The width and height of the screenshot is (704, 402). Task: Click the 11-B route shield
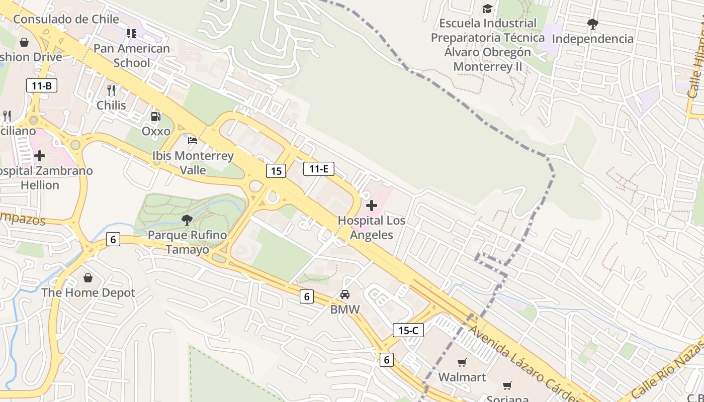pos(42,85)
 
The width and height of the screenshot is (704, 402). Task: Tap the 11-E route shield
pos(318,169)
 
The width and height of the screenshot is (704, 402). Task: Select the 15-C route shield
pos(408,330)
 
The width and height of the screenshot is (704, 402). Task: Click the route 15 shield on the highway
pos(276,171)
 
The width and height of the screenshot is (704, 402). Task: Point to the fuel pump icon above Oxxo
pos(156,117)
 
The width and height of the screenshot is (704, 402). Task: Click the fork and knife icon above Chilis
pos(111,90)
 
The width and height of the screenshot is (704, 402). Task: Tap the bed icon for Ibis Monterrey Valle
pos(193,141)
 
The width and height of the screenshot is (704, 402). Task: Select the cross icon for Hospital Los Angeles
pos(372,206)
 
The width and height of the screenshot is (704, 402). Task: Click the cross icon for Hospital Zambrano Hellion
pos(40,156)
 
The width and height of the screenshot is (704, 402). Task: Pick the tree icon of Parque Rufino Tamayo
pos(187,220)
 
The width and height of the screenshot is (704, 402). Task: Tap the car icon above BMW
pos(345,294)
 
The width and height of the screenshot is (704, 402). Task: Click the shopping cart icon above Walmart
pos(462,362)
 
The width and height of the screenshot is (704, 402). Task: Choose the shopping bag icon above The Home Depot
pos(88,278)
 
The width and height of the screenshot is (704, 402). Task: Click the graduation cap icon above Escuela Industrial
pos(487,9)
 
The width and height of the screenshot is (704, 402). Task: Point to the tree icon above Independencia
pos(593,24)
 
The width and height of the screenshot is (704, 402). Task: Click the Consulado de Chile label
pos(66,20)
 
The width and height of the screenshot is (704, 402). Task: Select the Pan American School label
pos(132,56)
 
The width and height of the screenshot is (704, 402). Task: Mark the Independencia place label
pos(593,39)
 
